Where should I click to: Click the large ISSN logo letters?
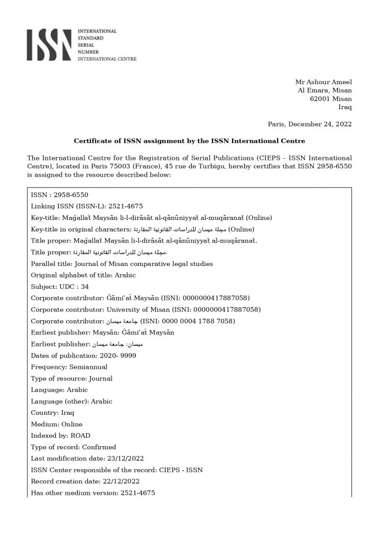click(x=49, y=45)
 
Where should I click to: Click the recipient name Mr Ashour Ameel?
click(x=324, y=82)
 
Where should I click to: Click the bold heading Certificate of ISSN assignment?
click(x=189, y=141)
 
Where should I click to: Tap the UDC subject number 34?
click(x=78, y=287)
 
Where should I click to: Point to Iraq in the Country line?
click(x=60, y=413)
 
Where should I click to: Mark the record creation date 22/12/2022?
click(x=117, y=481)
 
